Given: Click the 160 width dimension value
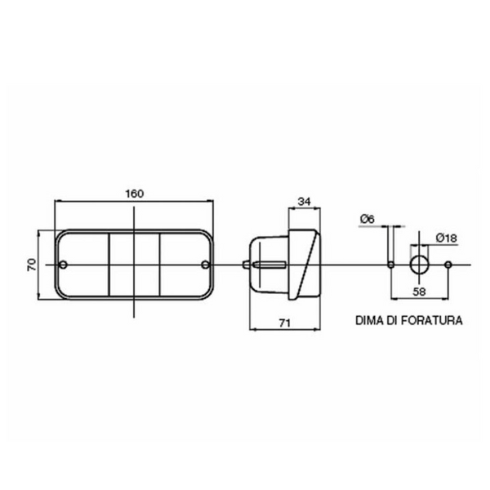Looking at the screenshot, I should pos(134,194).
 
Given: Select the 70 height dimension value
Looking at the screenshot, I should pos(32,265).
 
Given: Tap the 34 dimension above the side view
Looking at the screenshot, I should pos(304,200).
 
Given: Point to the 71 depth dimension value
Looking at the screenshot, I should pos(285,323).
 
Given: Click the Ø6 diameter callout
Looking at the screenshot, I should pos(366,218).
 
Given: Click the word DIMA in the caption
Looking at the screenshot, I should pos(369,321).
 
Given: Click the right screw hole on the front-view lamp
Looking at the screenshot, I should pos(204,265).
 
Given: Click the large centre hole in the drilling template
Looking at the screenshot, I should pos(419,265).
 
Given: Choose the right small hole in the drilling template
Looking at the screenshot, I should pos(448,265).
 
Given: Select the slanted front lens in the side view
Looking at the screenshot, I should pos(308,265).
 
